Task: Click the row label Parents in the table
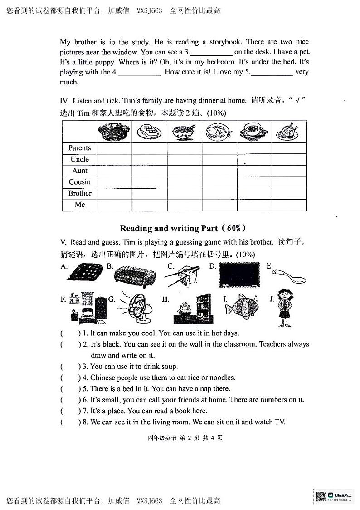[x=79, y=148]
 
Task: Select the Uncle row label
[x=79, y=159]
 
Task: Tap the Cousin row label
[x=79, y=182]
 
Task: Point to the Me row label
[x=79, y=205]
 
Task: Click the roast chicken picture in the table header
[x=289, y=131]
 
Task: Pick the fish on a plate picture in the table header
[x=219, y=132]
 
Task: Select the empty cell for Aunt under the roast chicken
[x=289, y=171]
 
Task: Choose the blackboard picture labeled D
[x=239, y=275]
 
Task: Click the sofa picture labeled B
[x=134, y=276]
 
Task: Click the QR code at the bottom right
[x=321, y=496]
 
